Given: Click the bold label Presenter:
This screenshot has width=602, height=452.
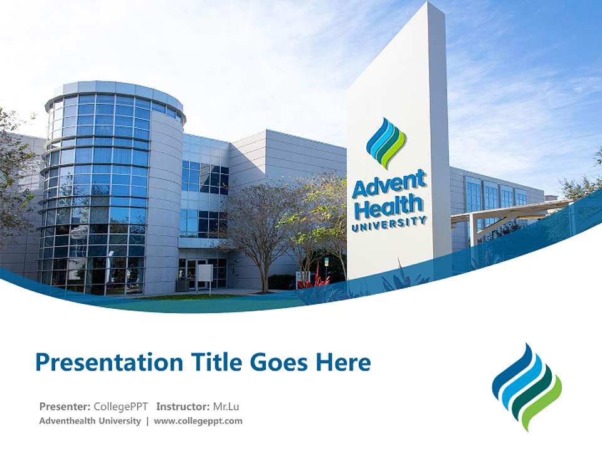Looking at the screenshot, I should [x=65, y=406].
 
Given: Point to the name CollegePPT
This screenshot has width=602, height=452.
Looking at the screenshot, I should [x=120, y=406].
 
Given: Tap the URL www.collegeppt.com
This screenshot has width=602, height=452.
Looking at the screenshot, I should [x=198, y=421].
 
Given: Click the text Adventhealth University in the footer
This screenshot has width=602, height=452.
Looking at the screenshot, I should [x=90, y=421].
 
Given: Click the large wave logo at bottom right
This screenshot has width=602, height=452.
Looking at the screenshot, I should [x=527, y=386].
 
